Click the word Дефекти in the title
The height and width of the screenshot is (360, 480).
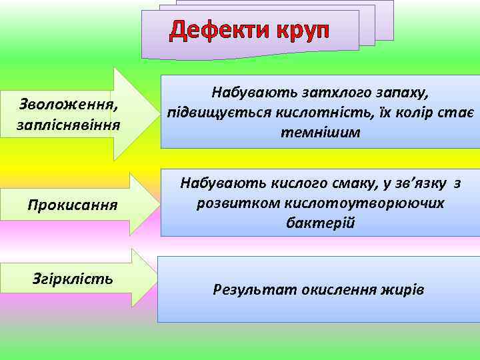pos(216,30)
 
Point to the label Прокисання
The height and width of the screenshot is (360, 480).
pos(73,204)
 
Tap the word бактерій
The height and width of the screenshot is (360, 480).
pos(320,223)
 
